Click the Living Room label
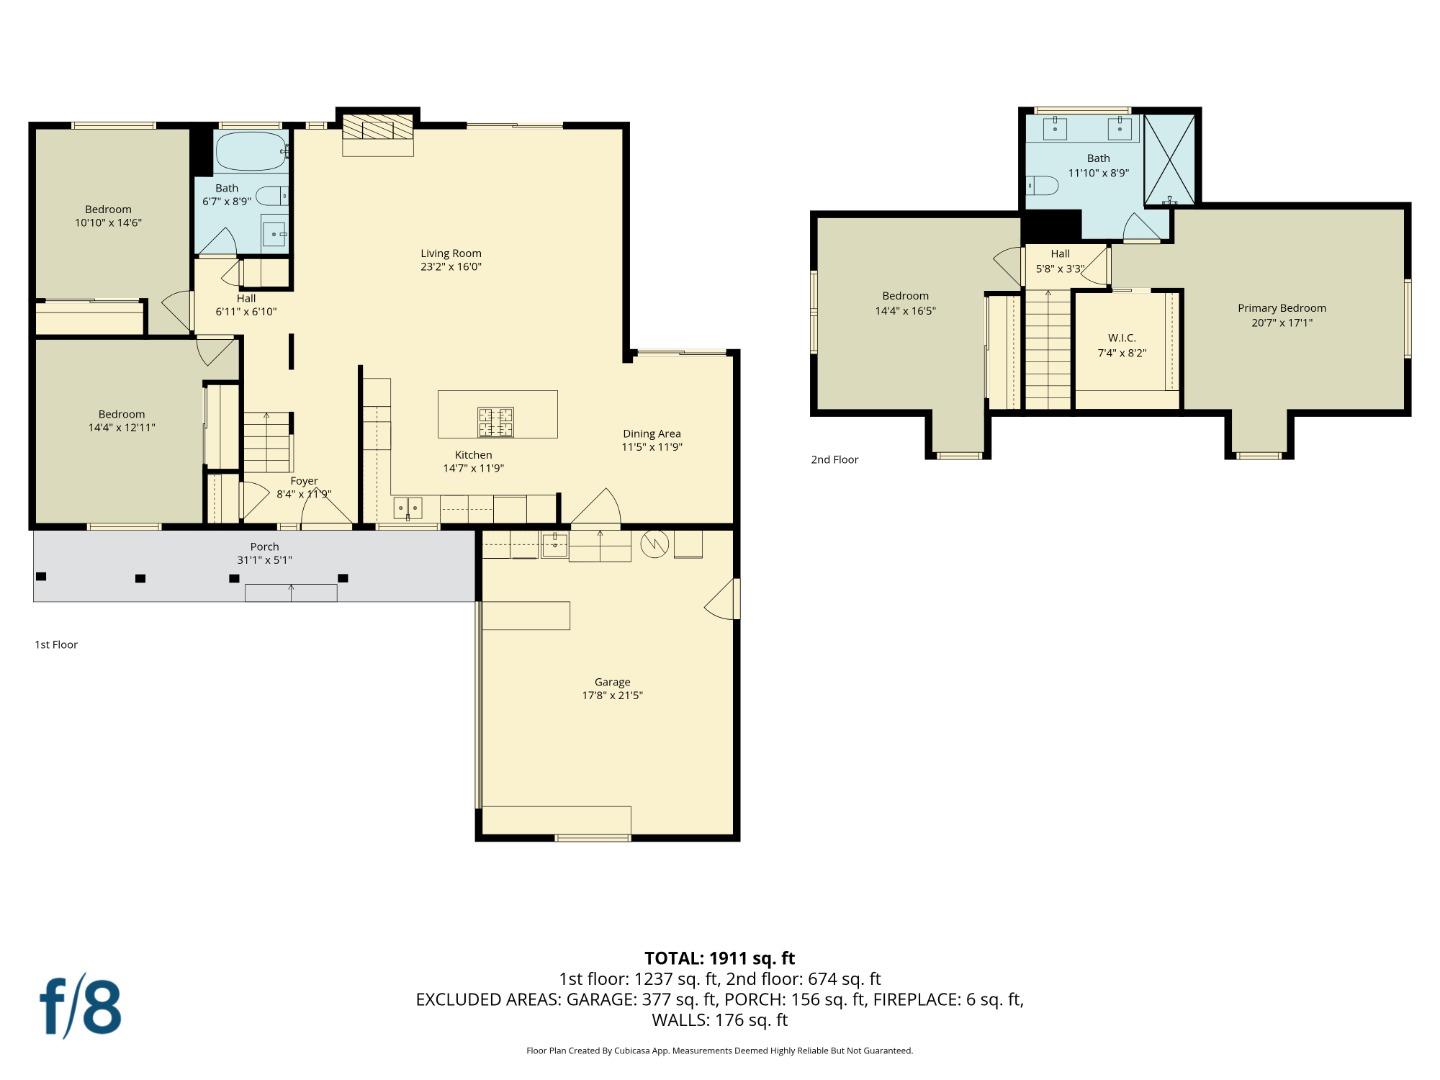click(450, 253)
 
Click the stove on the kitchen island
click(495, 421)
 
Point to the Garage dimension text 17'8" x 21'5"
click(612, 695)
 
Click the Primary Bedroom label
click(1281, 308)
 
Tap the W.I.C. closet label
click(1121, 338)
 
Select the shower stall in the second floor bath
click(1170, 160)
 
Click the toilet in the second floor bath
click(1042, 185)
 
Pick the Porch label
click(264, 546)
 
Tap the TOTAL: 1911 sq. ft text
click(719, 958)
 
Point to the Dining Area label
click(651, 434)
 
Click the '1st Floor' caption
click(56, 645)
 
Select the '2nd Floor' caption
click(834, 460)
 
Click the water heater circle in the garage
click(654, 544)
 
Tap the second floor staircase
click(1047, 350)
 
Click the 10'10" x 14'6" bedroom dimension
click(108, 223)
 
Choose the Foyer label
click(304, 481)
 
